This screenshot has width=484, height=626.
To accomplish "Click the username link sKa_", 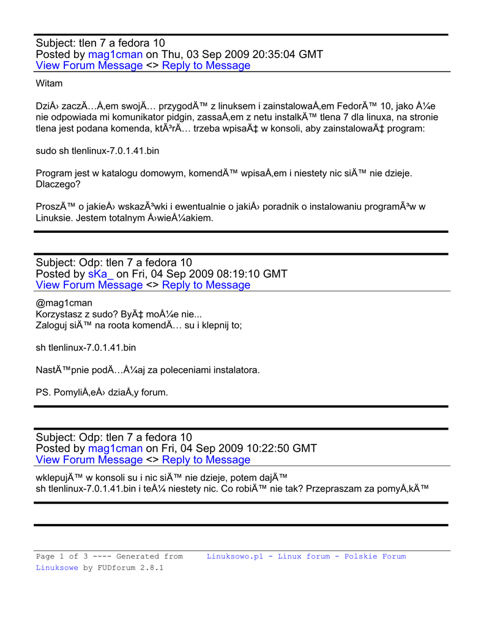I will click(x=101, y=274).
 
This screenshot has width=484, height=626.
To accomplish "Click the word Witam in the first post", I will click(x=49, y=83).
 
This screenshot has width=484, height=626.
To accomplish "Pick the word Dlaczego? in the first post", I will click(x=58, y=184).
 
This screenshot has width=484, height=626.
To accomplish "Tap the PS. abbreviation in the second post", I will click(x=43, y=392).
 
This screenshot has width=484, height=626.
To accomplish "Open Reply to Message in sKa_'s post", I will click(x=206, y=285).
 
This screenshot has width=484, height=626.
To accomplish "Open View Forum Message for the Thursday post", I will click(x=89, y=65).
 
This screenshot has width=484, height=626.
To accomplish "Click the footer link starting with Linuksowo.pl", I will click(x=306, y=556).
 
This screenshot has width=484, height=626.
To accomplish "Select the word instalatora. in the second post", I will click(x=235, y=370).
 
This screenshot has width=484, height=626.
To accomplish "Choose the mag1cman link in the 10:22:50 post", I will click(x=115, y=449).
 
